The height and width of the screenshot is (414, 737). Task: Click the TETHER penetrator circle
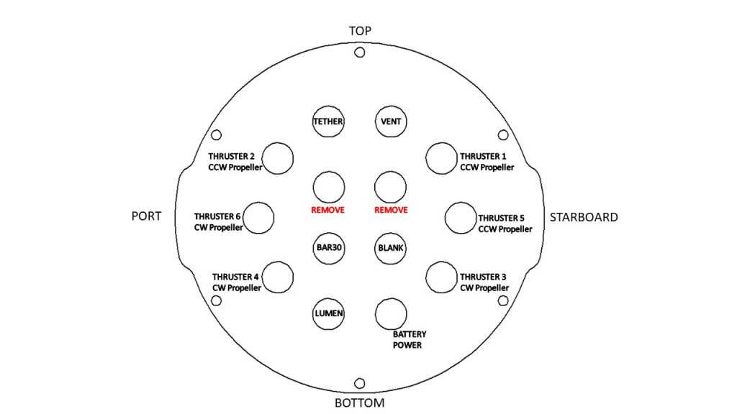point(328,121)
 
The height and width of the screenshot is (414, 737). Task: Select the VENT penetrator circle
point(391,121)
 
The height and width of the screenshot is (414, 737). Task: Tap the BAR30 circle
point(328,248)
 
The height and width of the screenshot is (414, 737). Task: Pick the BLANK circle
point(391,248)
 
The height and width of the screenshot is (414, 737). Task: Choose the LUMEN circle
point(328,313)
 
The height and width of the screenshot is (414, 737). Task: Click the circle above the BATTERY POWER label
point(391,313)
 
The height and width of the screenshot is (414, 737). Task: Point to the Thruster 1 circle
point(440,158)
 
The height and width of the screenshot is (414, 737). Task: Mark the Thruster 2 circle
point(279,158)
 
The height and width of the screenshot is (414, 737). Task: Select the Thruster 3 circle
point(440,277)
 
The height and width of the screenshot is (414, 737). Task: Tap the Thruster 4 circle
point(279,277)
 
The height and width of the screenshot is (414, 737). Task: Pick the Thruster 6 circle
point(259,218)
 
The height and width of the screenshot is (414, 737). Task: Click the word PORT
point(146,216)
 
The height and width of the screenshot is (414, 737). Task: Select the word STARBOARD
point(584,217)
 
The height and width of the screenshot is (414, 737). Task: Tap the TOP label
point(360,31)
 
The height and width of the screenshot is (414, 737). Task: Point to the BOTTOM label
point(360,402)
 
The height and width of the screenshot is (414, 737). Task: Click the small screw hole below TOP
point(360,52)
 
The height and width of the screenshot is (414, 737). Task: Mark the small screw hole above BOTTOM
point(360,383)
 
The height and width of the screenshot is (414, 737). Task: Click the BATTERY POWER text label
point(410,339)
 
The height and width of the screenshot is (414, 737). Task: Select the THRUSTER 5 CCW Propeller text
point(505,224)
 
